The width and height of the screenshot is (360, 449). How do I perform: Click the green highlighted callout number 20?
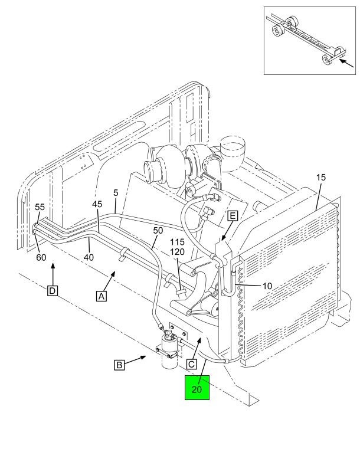[x=197, y=388]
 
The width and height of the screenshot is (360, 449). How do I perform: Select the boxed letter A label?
[x=102, y=296]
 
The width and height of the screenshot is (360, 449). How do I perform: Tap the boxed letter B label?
[x=119, y=365]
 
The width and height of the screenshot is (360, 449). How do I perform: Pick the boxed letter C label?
[x=192, y=364]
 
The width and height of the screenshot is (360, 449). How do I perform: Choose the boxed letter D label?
[x=53, y=291]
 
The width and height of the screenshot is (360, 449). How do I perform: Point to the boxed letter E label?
[x=233, y=215]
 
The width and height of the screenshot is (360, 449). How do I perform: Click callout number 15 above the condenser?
[x=321, y=178]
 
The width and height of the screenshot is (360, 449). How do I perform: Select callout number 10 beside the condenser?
[x=267, y=286]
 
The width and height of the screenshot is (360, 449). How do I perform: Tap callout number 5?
[x=116, y=193]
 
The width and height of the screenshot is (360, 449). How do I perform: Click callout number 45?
[x=97, y=204]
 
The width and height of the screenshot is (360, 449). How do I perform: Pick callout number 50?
[x=158, y=231]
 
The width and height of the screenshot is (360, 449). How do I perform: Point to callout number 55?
[x=40, y=207]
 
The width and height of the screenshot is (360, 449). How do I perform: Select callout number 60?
[x=41, y=257]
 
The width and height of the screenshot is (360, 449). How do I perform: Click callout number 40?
[x=89, y=257]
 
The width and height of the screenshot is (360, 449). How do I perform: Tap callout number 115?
[x=178, y=242]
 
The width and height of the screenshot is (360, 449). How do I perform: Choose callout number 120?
[x=178, y=252]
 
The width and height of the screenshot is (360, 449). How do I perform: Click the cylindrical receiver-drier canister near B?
[x=169, y=352]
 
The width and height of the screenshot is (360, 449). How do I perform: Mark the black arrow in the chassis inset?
[x=346, y=63]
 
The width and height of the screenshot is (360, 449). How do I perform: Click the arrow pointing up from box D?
[x=53, y=274]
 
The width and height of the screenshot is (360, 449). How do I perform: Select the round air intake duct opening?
[x=233, y=142]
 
